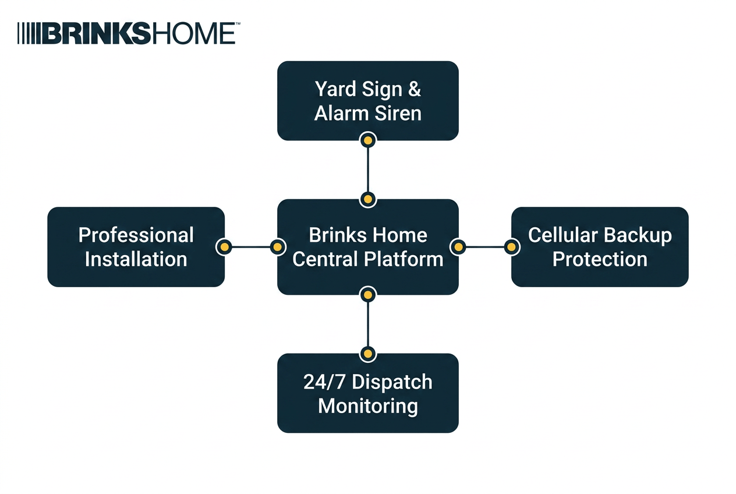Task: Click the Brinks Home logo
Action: pyautogui.click(x=129, y=33)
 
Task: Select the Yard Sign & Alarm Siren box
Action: pyautogui.click(x=367, y=101)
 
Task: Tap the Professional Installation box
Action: pyautogui.click(x=136, y=247)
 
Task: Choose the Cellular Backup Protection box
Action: pyautogui.click(x=600, y=247)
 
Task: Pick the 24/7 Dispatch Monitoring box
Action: pyautogui.click(x=367, y=393)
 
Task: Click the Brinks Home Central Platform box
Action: pyautogui.click(x=367, y=247)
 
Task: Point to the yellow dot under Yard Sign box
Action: pyautogui.click(x=368, y=140)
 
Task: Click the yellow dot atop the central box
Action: pyautogui.click(x=368, y=199)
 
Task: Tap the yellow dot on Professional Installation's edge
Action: pyautogui.click(x=224, y=247)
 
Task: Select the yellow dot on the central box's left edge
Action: pyautogui.click(x=278, y=247)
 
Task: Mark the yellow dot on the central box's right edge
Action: pyautogui.click(x=458, y=247)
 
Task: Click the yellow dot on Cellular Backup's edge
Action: pyautogui.click(x=511, y=247)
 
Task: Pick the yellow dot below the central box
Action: pyautogui.click(x=368, y=295)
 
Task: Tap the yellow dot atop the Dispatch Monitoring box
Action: pyautogui.click(x=368, y=354)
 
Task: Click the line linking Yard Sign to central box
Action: pyautogui.click(x=368, y=170)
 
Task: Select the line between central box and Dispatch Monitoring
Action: pyautogui.click(x=368, y=324)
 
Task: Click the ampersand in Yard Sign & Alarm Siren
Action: pyautogui.click(x=415, y=89)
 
